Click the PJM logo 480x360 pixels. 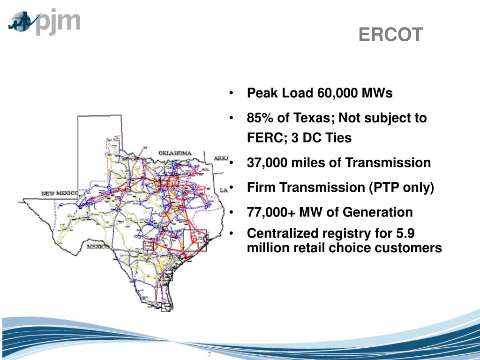pos(45,22)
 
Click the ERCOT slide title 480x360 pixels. pos(391,34)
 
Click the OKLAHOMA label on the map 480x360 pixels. pos(175,153)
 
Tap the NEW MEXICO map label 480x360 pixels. pos(61,194)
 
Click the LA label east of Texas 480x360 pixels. pos(224,190)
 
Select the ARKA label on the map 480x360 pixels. pos(220,158)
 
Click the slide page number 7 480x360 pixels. pos(209,354)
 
